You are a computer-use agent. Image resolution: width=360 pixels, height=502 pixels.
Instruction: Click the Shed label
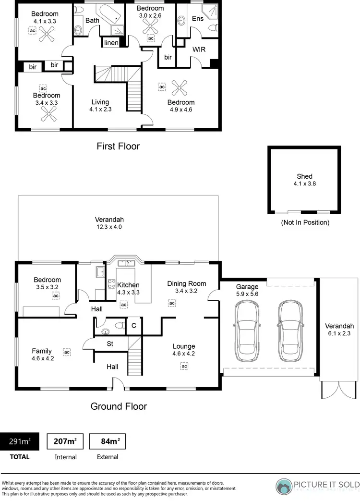[x=304, y=176]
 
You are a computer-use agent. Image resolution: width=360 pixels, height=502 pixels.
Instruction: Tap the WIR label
[x=199, y=49]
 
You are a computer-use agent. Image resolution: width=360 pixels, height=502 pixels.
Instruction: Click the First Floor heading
[x=118, y=146]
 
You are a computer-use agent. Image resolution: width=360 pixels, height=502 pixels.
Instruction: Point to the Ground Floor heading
[x=119, y=406]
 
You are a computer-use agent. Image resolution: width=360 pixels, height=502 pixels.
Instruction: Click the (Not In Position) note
[x=305, y=222]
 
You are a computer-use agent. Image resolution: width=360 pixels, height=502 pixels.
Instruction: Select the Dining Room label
[x=186, y=283]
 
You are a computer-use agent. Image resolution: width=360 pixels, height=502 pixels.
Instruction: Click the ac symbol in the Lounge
[x=184, y=366]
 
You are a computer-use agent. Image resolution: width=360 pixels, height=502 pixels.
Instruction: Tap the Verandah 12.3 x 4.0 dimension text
[x=108, y=227]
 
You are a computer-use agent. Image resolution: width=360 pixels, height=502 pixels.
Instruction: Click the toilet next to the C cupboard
[x=122, y=325]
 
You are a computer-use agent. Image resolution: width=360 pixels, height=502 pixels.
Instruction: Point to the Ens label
[x=197, y=19]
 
